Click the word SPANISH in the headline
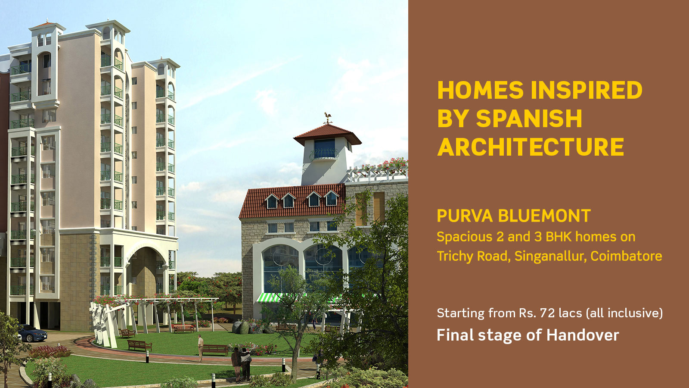tap(529, 118)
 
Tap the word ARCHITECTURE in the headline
tap(531, 147)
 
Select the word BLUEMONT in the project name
tap(544, 216)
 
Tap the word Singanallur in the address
tap(550, 257)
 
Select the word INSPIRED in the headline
tap(587, 90)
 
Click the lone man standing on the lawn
tap(201, 348)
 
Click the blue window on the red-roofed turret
tap(324, 147)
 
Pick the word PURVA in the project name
tap(465, 216)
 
